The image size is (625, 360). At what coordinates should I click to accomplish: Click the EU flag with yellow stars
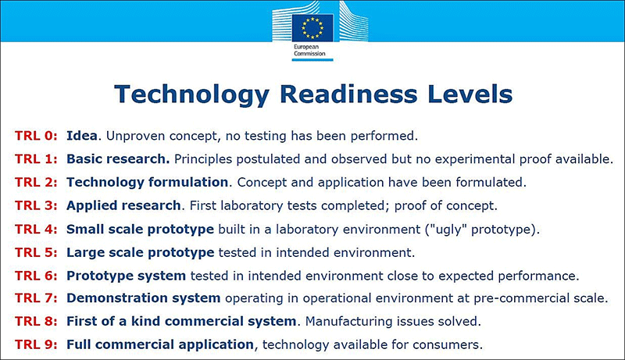312,28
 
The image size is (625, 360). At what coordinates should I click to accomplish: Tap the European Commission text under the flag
309,50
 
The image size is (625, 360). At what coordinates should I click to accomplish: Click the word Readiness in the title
348,94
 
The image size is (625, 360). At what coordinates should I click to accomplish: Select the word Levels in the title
470,94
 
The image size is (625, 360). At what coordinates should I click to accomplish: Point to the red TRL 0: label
36,136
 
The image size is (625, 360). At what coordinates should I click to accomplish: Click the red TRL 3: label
36,205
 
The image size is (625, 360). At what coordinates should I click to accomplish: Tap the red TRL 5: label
36,252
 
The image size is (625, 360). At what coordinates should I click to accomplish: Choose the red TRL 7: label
36,298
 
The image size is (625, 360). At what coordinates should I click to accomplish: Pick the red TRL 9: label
36,344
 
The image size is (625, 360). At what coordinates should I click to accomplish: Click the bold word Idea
82,136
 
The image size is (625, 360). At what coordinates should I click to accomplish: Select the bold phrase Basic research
118,159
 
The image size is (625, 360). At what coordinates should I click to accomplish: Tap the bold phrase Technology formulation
147,183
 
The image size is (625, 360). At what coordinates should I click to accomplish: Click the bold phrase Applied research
123,206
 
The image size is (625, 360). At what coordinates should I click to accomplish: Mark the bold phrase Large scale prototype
141,253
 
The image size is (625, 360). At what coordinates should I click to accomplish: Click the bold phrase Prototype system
126,276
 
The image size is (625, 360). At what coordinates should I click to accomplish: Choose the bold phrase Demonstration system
144,298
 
